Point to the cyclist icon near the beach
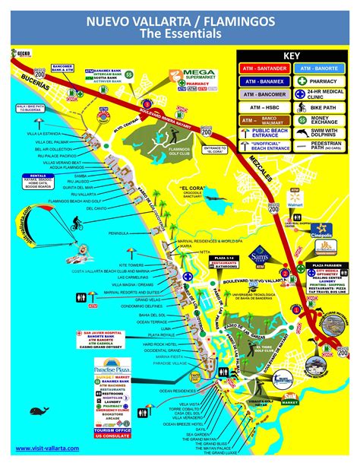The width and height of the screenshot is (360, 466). tap(77, 224)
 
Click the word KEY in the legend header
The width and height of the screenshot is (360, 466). tap(292, 55)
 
